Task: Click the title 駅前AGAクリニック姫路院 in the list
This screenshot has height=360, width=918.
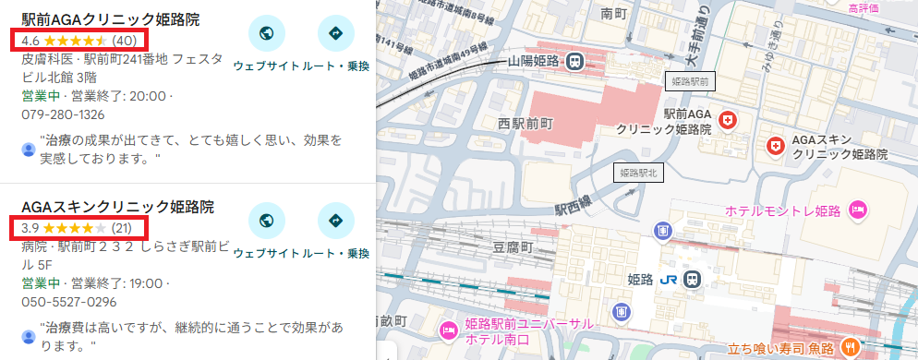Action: [x=110, y=19]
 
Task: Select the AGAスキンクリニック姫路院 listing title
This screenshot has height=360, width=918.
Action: [x=117, y=206]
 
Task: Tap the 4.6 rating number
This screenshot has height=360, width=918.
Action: [x=30, y=41]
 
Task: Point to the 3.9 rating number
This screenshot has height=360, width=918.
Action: [x=30, y=227]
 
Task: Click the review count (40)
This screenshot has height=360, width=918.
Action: [x=124, y=41]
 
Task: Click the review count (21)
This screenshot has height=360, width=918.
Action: [x=123, y=227]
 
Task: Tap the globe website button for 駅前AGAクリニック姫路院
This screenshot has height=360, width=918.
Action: [x=267, y=34]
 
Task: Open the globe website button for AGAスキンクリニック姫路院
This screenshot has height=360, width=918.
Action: [x=267, y=221]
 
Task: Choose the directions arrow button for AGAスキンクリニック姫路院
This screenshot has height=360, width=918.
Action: [x=335, y=221]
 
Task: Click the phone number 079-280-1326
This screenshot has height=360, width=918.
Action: [x=63, y=114]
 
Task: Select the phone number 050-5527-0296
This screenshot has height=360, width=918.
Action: [x=68, y=301]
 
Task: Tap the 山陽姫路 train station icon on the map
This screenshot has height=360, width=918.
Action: [x=574, y=61]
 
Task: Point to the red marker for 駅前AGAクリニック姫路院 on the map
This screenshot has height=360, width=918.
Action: [x=729, y=121]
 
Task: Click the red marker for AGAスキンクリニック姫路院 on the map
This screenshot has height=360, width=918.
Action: [x=776, y=145]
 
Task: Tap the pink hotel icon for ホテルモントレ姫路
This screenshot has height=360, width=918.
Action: [x=857, y=210]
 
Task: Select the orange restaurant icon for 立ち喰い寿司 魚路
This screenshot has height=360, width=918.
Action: [x=851, y=347]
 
